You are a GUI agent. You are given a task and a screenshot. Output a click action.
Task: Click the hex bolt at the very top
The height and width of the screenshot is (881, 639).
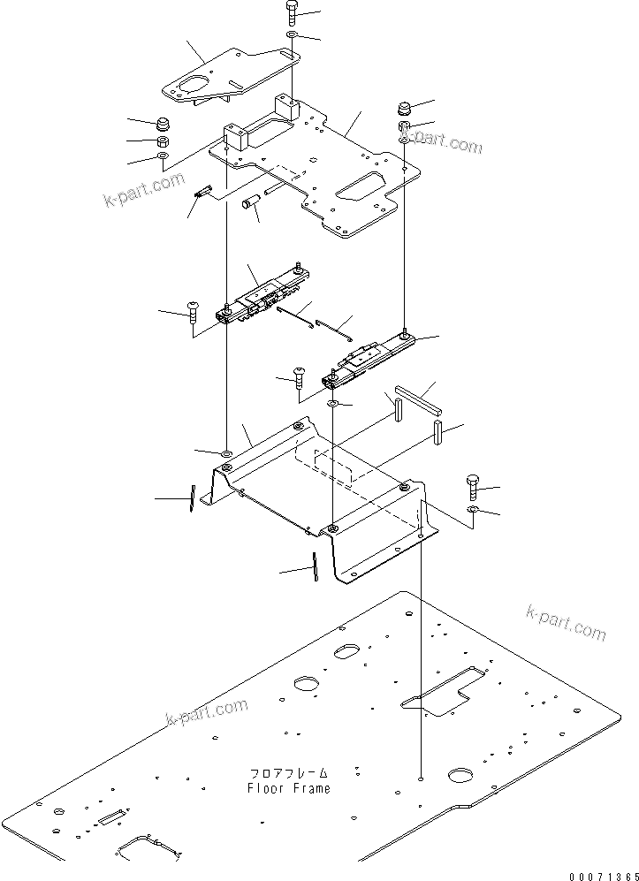coord(293,13)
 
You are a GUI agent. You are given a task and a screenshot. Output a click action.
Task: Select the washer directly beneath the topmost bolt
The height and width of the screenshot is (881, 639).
coord(293,35)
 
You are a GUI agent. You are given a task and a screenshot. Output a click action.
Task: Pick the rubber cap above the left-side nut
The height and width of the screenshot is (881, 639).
coord(164,122)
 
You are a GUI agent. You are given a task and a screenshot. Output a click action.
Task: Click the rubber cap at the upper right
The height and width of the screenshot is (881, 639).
coord(405,109)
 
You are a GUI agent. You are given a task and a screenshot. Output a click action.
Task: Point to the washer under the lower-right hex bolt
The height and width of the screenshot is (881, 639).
coord(473,511)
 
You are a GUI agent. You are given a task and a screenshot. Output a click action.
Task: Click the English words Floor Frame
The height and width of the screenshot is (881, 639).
coord(289,788)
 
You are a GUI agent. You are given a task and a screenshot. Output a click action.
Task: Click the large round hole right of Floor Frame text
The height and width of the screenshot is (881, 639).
coord(461,775)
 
